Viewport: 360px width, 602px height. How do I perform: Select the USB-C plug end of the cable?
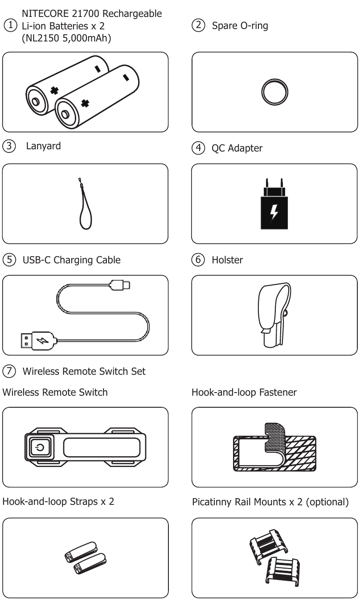pos(120,285)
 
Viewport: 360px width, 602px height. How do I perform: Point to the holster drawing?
pos(274,315)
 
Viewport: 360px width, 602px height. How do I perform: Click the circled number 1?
pos(10,25)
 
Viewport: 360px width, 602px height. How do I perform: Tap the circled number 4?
pos(198,148)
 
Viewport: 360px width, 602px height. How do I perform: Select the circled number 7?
pos(9,371)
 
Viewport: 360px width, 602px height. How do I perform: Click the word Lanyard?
pos(44,146)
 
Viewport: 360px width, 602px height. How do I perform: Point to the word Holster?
pos(227,260)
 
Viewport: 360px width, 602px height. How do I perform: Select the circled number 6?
pos(198,260)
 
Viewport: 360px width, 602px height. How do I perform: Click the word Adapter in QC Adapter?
pos(245,148)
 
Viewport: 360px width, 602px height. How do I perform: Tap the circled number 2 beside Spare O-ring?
pos(198,25)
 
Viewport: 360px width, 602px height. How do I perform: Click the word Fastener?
pos(278,393)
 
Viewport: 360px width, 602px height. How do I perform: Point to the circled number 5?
pos(9,260)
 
